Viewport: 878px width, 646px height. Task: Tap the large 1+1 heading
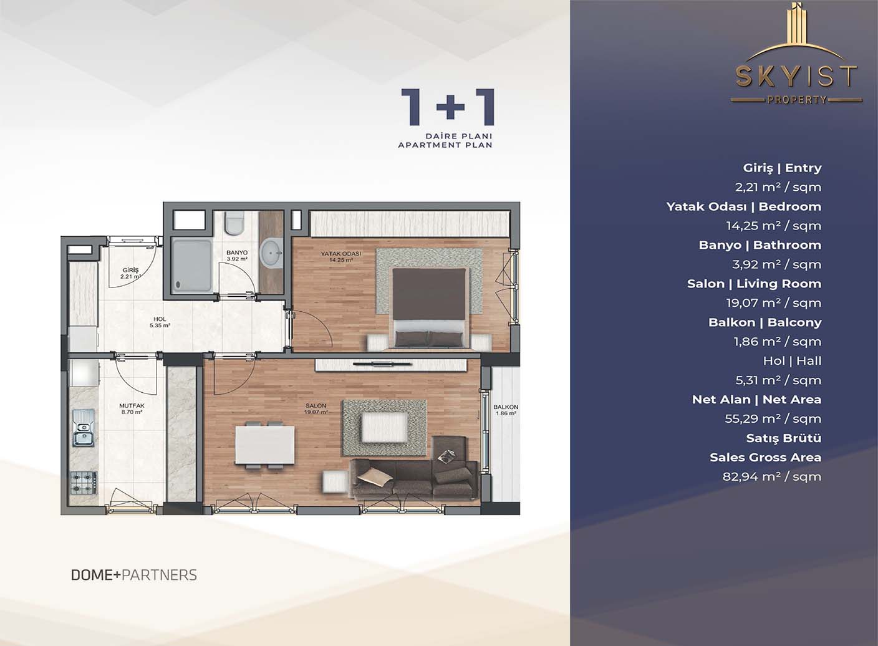[x=447, y=107]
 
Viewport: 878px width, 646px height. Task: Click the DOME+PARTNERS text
[x=134, y=575]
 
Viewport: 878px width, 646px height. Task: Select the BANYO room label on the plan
[x=237, y=253]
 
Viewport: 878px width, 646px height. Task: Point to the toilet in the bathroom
[x=234, y=224]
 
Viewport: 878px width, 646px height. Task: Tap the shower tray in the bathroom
[x=192, y=266]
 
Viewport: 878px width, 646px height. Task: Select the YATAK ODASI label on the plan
[x=341, y=254]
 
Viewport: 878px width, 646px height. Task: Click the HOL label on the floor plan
[x=160, y=319]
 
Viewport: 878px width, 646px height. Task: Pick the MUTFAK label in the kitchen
[x=131, y=406]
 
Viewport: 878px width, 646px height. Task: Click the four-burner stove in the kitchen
[x=83, y=482]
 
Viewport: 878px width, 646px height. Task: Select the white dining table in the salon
[x=264, y=445]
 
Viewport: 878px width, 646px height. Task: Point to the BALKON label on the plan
[x=506, y=407]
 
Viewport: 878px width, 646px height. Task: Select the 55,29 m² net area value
[x=773, y=418]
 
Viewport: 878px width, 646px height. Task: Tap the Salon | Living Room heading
[x=754, y=284]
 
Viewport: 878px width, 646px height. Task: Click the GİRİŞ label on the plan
[x=130, y=270]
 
